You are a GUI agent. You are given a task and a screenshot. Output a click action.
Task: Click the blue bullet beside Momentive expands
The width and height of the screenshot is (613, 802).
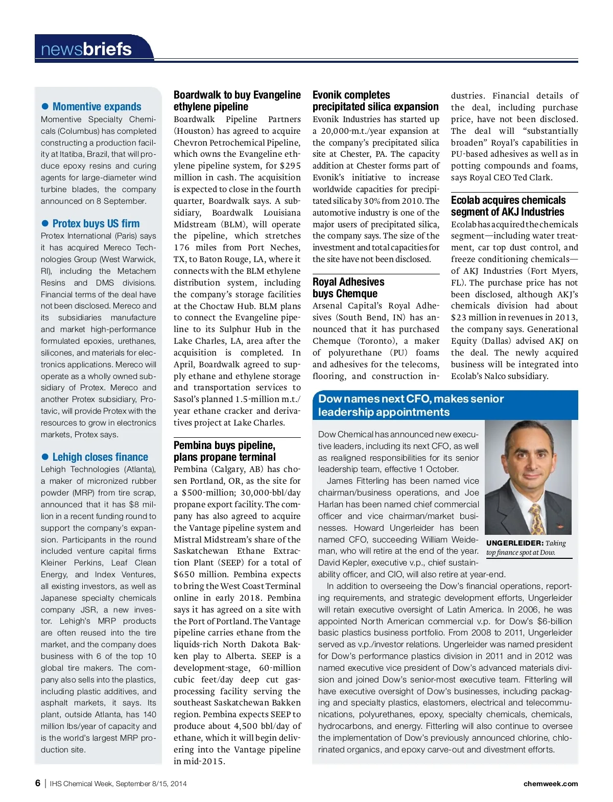[x=45, y=106]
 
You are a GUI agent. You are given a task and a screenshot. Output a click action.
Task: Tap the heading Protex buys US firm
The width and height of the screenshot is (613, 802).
[x=96, y=223]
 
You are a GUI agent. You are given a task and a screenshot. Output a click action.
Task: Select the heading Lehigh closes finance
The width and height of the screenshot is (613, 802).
[x=100, y=457]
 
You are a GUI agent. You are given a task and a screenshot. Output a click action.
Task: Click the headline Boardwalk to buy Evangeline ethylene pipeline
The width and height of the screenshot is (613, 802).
[x=237, y=101]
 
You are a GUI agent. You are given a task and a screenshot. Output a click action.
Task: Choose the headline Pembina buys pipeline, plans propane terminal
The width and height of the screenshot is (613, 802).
[x=225, y=451]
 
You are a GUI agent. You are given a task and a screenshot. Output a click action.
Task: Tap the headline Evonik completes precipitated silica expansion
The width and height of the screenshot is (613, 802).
[x=375, y=101]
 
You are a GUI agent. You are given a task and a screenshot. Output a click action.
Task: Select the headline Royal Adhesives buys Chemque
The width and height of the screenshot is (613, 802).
[x=348, y=288]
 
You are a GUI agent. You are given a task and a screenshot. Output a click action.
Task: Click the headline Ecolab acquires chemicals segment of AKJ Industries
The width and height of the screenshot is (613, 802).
[x=508, y=206]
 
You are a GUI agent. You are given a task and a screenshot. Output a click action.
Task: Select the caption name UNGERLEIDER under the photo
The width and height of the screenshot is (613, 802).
[x=514, y=543]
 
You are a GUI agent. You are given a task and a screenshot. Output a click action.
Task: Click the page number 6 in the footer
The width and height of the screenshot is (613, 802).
[x=38, y=783]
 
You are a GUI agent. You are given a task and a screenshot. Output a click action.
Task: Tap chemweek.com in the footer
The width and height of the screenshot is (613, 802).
[x=550, y=784]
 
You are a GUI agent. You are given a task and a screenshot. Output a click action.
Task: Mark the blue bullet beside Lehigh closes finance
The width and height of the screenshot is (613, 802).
[x=45, y=457]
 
